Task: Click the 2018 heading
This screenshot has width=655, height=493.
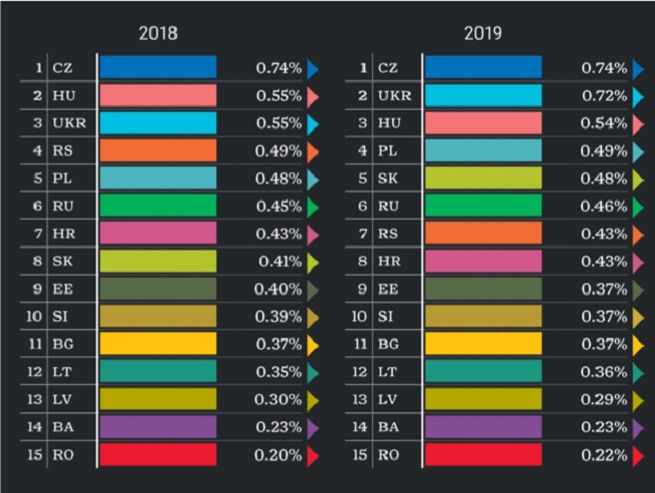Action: pyautogui.click(x=157, y=33)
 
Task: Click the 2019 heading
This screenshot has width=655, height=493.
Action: pyautogui.click(x=482, y=33)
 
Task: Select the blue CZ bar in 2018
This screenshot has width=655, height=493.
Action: pyautogui.click(x=157, y=68)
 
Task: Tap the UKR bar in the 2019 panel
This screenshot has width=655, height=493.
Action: pyautogui.click(x=483, y=96)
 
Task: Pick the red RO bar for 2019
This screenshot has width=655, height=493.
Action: pyautogui.click(x=483, y=455)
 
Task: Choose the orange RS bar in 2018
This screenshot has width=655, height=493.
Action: pyautogui.click(x=157, y=151)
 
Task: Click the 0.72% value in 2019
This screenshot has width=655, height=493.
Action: pyautogui.click(x=604, y=96)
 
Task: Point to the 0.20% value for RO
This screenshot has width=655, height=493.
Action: pyautogui.click(x=279, y=455)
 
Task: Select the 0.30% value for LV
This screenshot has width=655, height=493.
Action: pyautogui.click(x=279, y=400)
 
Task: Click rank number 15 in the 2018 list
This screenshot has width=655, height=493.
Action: pyautogui.click(x=35, y=455)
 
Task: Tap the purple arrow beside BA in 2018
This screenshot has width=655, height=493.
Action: pyautogui.click(x=313, y=427)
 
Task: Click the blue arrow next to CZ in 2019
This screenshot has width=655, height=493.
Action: pyautogui.click(x=638, y=68)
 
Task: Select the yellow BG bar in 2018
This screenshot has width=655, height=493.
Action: pyautogui.click(x=157, y=344)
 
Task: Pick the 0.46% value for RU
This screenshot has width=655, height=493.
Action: pyautogui.click(x=604, y=206)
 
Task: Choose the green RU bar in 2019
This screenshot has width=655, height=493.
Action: pyautogui.click(x=483, y=206)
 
